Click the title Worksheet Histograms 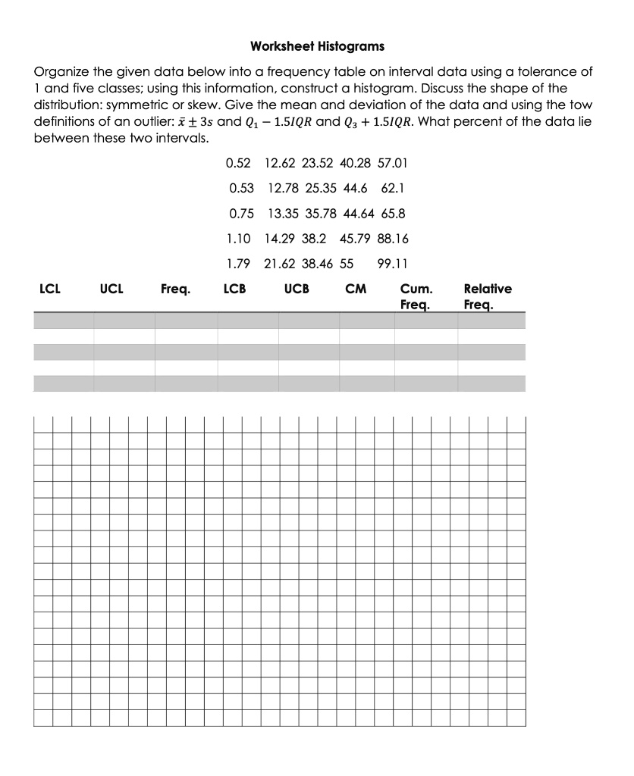[317, 47]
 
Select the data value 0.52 [238, 164]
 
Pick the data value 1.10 [238, 239]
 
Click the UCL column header [112, 289]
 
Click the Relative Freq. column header [487, 297]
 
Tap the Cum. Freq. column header [417, 297]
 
